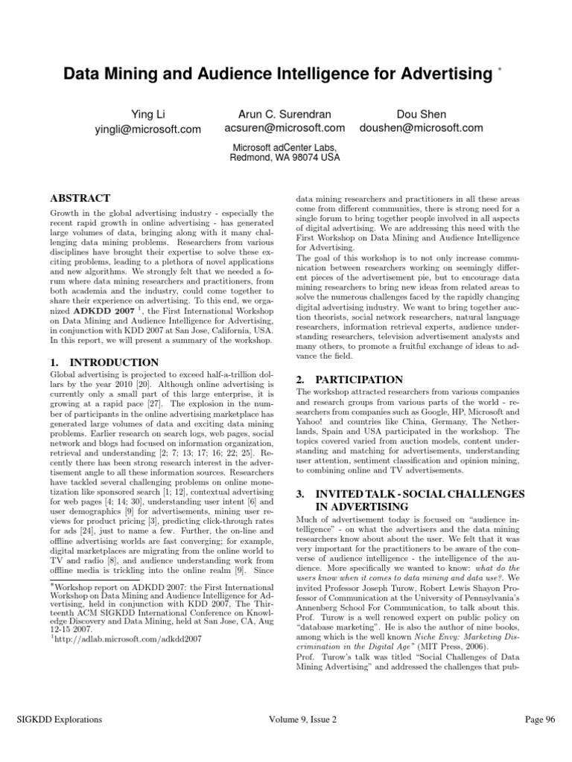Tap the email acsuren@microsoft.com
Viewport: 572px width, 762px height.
click(285, 128)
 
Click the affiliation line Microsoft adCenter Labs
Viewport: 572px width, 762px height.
click(285, 147)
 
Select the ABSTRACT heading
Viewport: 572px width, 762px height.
click(79, 199)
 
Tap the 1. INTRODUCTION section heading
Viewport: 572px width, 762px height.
click(95, 362)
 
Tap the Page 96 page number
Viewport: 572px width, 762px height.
click(540, 719)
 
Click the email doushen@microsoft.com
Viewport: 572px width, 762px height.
click(421, 128)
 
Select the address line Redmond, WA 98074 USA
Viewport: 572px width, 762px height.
click(285, 158)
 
